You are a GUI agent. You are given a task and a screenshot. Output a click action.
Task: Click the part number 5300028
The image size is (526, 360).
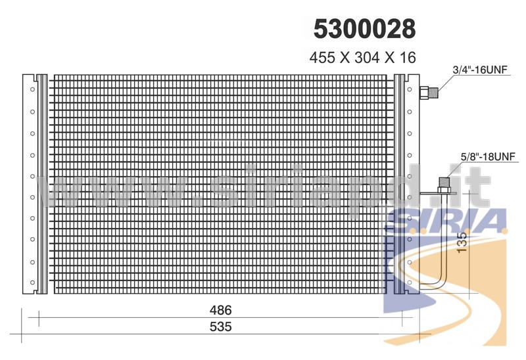[365, 28]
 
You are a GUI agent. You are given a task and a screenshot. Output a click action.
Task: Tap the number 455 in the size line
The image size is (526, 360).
[322, 58]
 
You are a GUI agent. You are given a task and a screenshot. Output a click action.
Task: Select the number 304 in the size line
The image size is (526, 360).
[367, 58]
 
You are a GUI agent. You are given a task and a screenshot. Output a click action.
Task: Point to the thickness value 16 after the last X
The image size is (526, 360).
[408, 58]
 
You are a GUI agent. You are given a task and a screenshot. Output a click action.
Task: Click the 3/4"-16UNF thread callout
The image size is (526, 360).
[480, 70]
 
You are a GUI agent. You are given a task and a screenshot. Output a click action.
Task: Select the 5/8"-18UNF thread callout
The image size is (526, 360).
[488, 156]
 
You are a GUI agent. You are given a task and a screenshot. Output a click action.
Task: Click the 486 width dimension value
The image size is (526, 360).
[220, 310]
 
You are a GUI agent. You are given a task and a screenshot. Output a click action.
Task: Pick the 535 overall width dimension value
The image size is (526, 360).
[220, 326]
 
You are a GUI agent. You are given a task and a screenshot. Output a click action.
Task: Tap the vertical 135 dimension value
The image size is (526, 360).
[462, 242]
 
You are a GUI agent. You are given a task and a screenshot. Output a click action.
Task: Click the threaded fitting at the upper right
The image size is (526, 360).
[429, 92]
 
